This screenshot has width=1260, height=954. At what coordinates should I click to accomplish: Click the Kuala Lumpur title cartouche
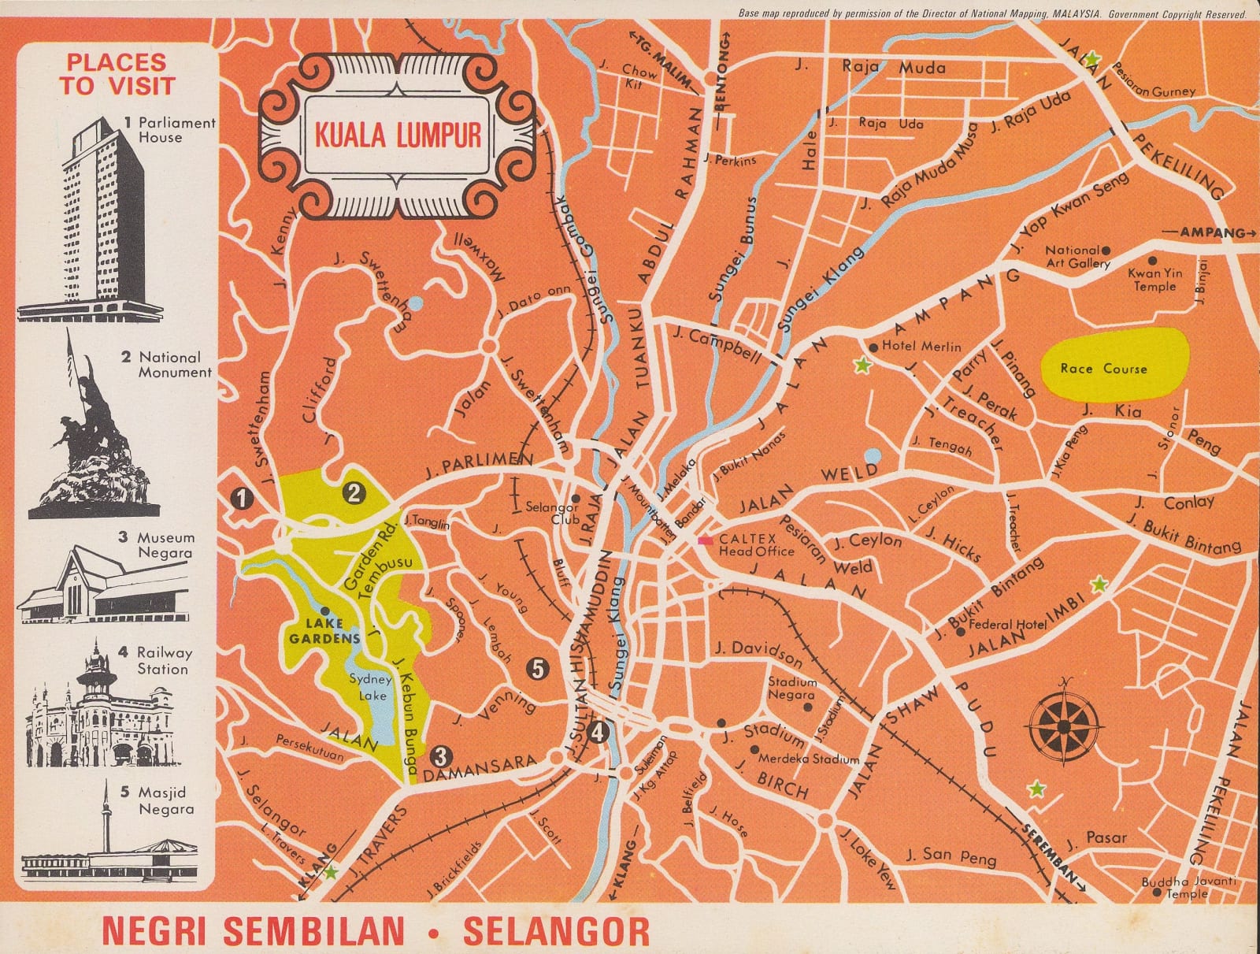398,135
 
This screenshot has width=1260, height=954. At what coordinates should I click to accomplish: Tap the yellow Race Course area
1114,367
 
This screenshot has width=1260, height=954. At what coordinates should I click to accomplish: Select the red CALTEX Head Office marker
706,540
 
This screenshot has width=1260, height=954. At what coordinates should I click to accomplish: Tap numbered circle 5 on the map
537,669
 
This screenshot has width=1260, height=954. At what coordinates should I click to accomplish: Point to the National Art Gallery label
1077,257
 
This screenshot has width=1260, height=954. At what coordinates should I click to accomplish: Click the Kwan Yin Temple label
1155,280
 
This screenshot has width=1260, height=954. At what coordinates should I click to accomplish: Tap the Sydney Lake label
370,687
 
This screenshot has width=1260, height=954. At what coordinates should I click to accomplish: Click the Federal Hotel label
1006,625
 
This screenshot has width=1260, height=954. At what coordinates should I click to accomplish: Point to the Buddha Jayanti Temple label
1189,888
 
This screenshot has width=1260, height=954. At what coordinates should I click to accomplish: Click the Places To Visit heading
117,73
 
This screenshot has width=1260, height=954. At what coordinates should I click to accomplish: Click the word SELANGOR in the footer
557,930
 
